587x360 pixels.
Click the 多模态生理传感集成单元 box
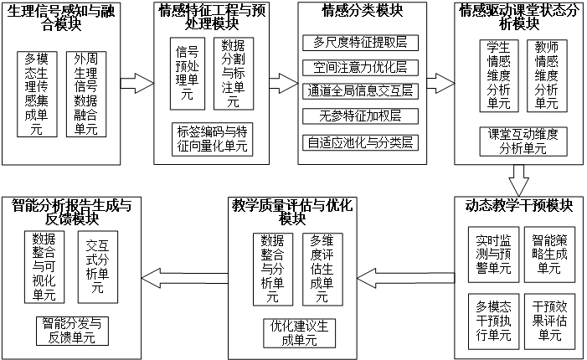click(x=39, y=94)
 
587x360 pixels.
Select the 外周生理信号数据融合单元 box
click(x=87, y=94)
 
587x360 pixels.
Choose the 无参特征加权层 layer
click(x=359, y=117)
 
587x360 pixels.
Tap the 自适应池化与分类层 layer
click(x=359, y=142)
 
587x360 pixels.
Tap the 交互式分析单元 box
click(x=96, y=267)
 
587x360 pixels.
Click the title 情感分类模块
click(x=360, y=12)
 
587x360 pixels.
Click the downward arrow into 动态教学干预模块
click(x=518, y=177)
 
